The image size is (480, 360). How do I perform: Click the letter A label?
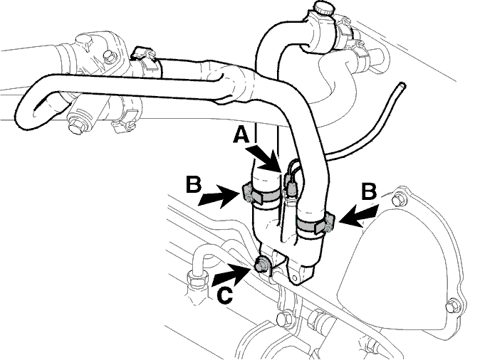click(241, 135)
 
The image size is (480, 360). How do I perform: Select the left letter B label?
click(194, 184)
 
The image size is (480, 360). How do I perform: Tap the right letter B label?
click(369, 192)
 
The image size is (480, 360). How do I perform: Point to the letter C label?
click(225, 295)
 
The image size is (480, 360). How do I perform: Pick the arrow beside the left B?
click(219, 196)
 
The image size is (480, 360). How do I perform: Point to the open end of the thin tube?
click(402, 85)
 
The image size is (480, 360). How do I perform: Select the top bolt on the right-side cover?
click(399, 201)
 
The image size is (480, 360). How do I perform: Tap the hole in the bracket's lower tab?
click(295, 278)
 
